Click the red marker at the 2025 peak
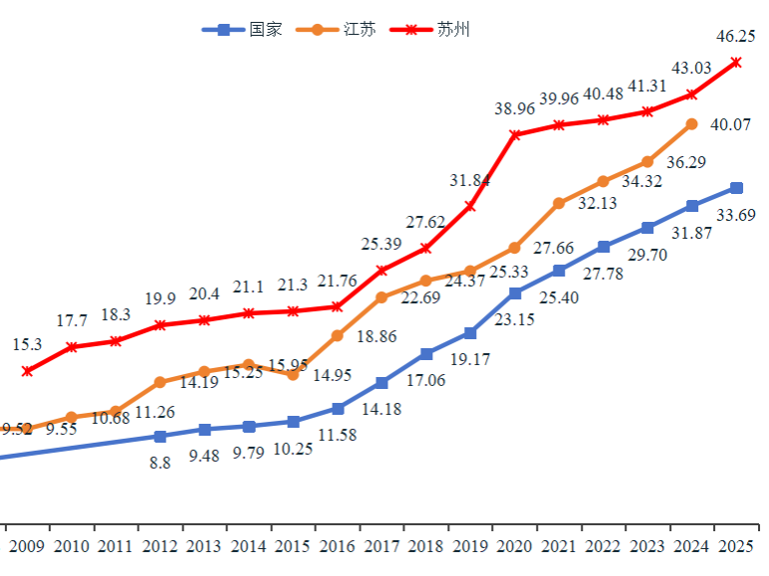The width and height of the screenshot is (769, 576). [x=736, y=62]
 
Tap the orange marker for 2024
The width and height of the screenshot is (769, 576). [x=692, y=124]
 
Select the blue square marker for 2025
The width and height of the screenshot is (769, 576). [x=736, y=188]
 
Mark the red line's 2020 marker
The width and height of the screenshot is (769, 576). [x=515, y=134]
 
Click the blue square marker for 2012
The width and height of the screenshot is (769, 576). [x=160, y=436]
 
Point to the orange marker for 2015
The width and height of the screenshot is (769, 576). [x=293, y=375]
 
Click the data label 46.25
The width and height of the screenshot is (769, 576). [x=735, y=37]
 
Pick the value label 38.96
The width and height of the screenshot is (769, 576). [x=515, y=108]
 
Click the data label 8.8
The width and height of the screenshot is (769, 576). [x=160, y=463]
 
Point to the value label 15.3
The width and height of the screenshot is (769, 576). [x=27, y=345]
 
